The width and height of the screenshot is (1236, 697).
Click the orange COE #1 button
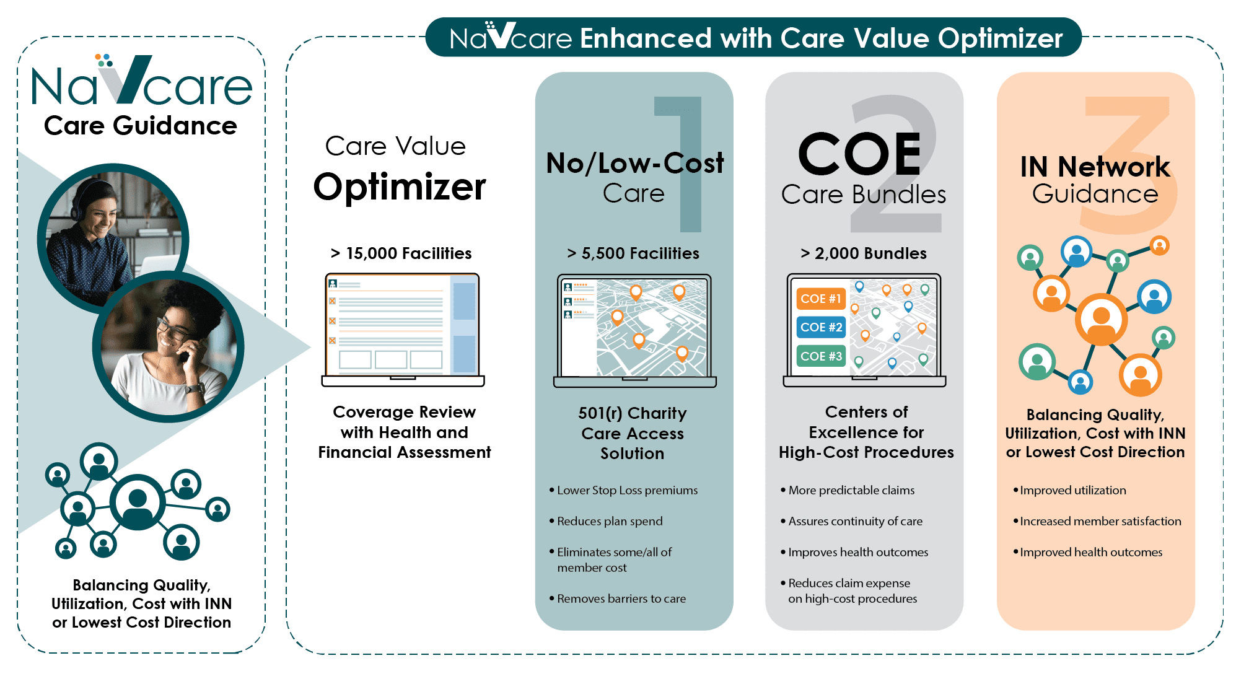tap(821, 299)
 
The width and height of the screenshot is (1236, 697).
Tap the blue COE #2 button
tap(821, 327)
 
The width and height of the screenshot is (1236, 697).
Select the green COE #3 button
tap(821, 356)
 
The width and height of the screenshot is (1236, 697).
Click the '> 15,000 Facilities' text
tap(401, 253)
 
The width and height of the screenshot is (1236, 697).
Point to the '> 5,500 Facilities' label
tap(633, 253)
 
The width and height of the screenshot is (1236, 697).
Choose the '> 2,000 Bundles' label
tap(864, 253)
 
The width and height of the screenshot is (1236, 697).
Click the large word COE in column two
tap(860, 154)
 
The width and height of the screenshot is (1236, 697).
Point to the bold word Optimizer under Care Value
tap(400, 187)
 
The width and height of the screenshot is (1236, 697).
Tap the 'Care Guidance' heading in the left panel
tap(141, 126)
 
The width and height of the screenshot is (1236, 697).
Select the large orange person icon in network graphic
tap(1101, 320)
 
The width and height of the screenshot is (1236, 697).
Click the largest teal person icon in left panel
tap(138, 502)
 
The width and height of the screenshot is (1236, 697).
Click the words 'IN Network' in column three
tap(1095, 167)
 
